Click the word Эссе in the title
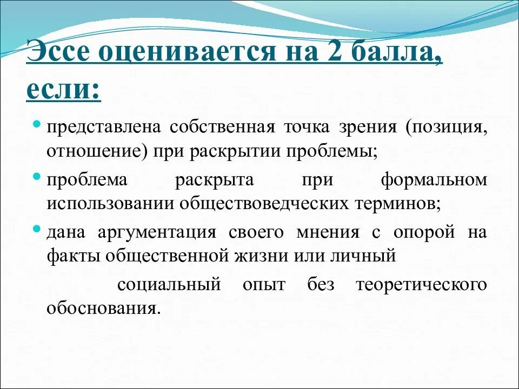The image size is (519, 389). pos(61,56)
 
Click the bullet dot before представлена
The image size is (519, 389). pos(37,124)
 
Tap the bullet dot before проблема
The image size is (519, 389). pos(37,176)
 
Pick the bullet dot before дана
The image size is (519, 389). pos(37,229)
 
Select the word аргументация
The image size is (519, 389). pos(157,232)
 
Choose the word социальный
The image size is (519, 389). pos(169,285)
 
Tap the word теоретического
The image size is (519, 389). pos(422,285)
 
